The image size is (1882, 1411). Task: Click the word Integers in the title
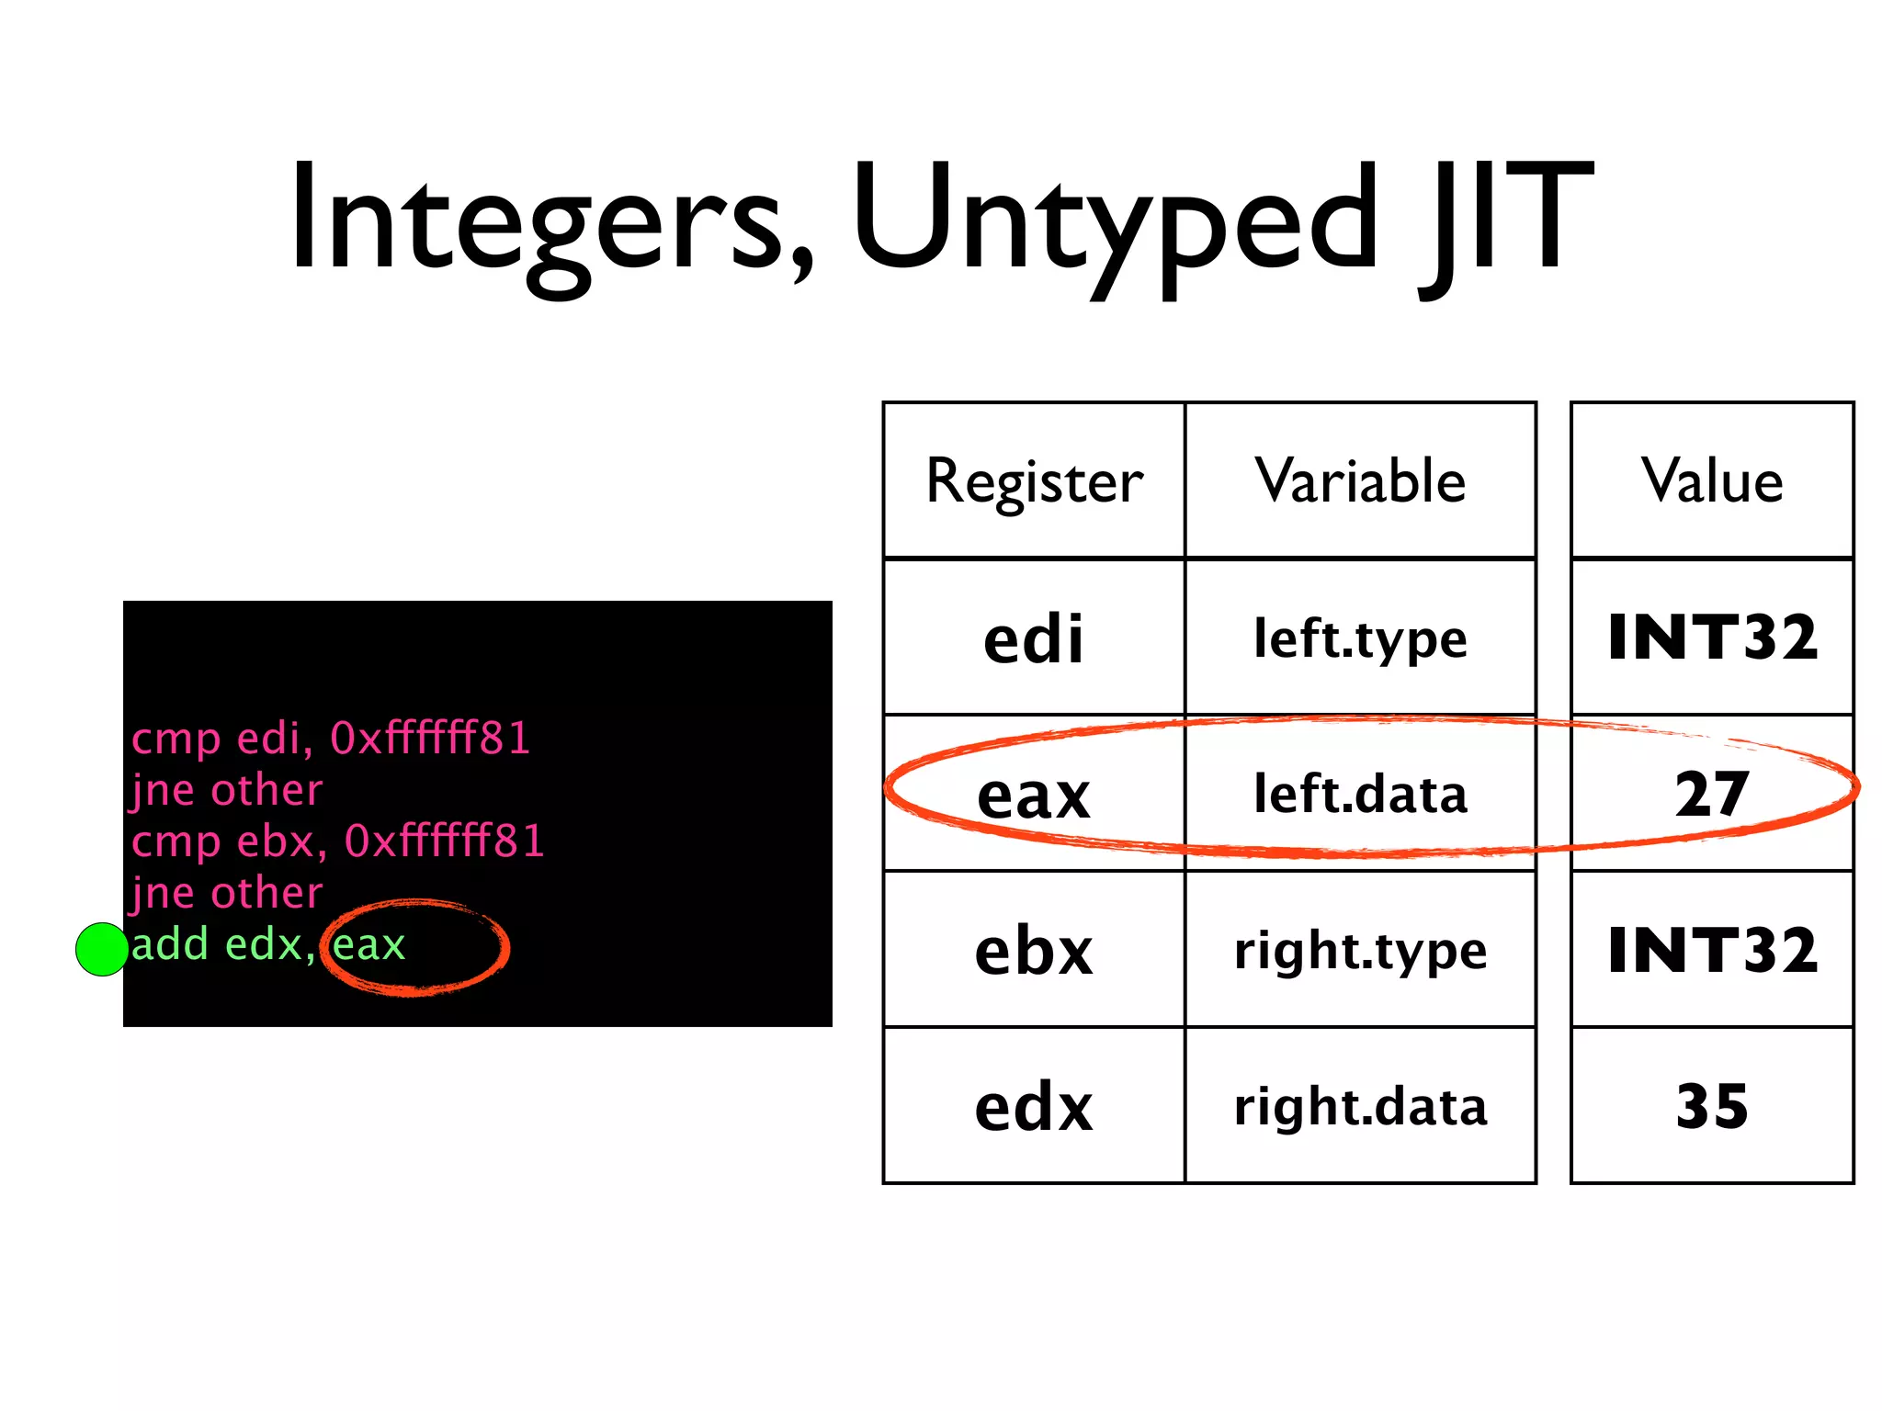tap(551, 220)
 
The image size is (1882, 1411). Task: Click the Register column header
tap(1034, 480)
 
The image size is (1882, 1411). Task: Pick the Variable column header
tap(1360, 480)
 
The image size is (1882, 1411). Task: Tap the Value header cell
tap(1712, 480)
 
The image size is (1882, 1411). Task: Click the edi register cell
tap(1034, 638)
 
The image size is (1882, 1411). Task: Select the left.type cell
tap(1360, 638)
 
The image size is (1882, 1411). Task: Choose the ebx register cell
tap(1034, 951)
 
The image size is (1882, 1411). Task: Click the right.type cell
tap(1360, 951)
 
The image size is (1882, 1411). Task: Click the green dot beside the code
tap(101, 949)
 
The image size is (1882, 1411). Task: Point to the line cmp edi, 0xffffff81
tap(331, 739)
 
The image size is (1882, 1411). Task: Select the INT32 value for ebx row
tap(1712, 951)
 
